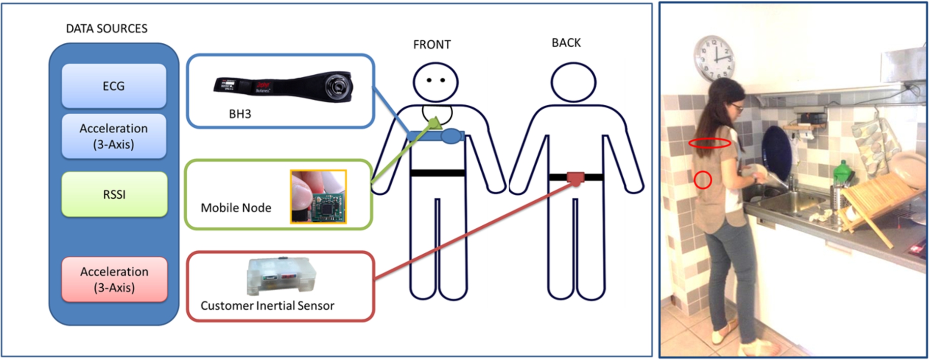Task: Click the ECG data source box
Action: (114, 86)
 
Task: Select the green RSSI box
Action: (114, 194)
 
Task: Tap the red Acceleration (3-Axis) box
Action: (114, 279)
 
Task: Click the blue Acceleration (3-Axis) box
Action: (114, 136)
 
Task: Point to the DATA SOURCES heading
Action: (107, 29)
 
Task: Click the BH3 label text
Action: (240, 114)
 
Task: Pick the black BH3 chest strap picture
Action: (283, 87)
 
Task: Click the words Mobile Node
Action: (236, 208)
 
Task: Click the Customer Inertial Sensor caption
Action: (267, 306)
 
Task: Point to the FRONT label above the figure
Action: (432, 45)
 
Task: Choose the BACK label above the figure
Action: (566, 43)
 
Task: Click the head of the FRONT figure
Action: (436, 83)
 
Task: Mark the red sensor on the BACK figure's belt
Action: (576, 178)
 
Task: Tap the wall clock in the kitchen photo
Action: (714, 57)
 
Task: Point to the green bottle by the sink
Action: (842, 173)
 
